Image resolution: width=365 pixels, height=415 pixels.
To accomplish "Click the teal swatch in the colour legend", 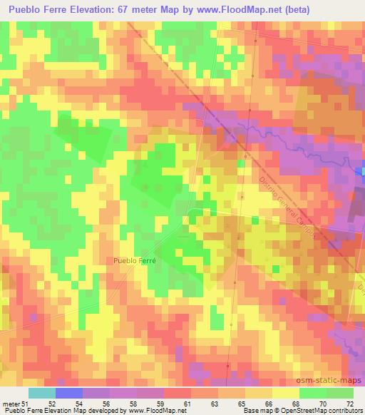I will [x=41, y=393].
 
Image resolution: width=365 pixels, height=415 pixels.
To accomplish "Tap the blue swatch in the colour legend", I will [x=68, y=393].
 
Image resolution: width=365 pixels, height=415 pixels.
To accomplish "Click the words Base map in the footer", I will [x=255, y=411].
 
